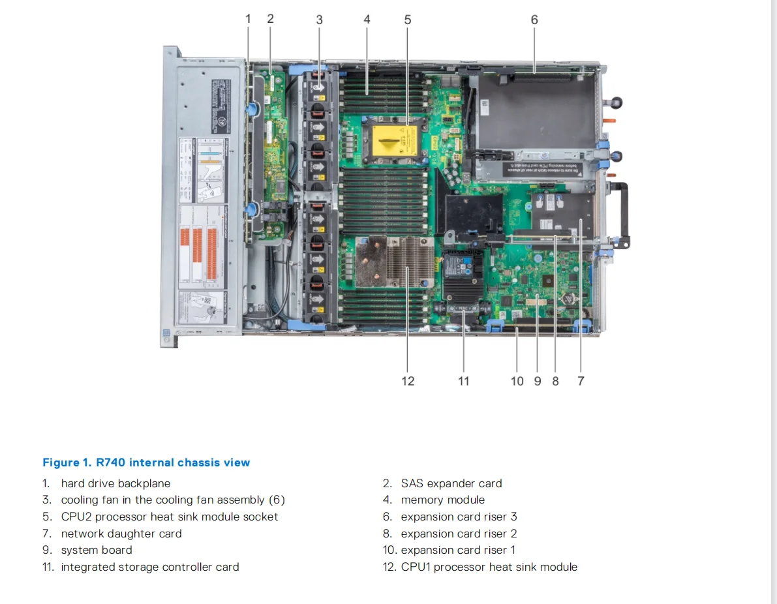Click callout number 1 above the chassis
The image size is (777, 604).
[x=248, y=19]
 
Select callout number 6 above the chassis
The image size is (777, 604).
[x=534, y=20]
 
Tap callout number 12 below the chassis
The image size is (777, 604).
[x=408, y=381]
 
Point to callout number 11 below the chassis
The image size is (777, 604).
[x=463, y=381]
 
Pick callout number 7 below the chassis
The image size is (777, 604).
[x=581, y=381]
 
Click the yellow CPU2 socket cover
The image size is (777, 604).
[x=394, y=142]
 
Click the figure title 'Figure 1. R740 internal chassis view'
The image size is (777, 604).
[x=146, y=462]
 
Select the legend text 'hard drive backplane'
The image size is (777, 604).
[x=115, y=483]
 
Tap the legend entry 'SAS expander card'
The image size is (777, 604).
[x=451, y=483]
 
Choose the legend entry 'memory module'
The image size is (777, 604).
[x=443, y=500]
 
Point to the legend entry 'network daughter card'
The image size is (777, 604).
[x=121, y=534]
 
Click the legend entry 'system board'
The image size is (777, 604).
[x=97, y=550]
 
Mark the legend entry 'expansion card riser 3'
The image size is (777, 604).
[x=459, y=517]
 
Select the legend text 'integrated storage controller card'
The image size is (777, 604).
[x=150, y=567]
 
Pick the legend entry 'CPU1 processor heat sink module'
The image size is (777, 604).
[x=489, y=567]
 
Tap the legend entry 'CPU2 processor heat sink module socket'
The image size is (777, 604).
[x=170, y=517]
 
